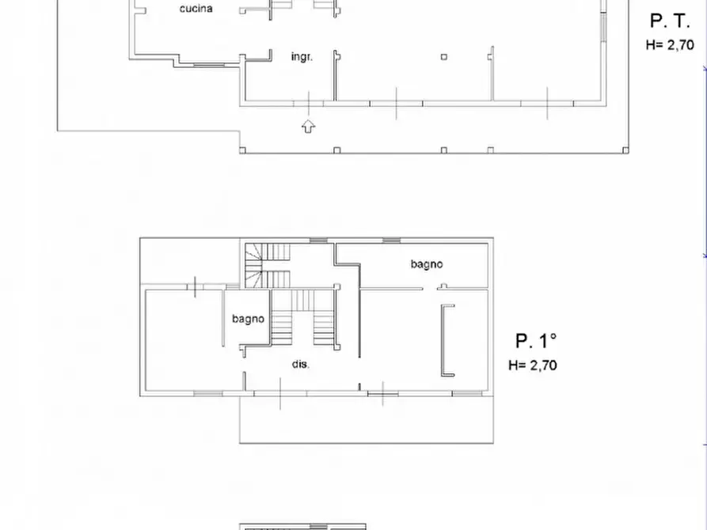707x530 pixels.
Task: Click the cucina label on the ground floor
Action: click(x=196, y=9)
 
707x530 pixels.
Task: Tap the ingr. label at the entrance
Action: click(x=302, y=57)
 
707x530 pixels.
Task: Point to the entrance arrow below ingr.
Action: click(x=308, y=125)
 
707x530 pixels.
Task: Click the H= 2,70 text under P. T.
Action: click(x=670, y=45)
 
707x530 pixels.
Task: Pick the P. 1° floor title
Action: click(x=536, y=341)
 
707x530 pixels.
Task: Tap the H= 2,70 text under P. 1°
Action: click(x=532, y=365)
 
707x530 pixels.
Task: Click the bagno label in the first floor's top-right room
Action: click(x=426, y=264)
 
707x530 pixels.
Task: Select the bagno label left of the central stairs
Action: click(x=248, y=320)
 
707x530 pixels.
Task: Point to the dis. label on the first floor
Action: click(x=301, y=365)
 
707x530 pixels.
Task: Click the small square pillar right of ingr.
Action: click(x=444, y=57)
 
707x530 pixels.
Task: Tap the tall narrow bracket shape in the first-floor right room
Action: click(x=446, y=340)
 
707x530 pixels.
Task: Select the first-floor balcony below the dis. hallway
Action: click(x=366, y=419)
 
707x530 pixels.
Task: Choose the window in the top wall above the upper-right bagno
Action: click(x=391, y=240)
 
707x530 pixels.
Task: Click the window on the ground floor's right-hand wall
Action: click(x=602, y=28)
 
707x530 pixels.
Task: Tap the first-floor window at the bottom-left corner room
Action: click(x=207, y=393)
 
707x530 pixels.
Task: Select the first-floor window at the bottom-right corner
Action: click(x=466, y=393)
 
